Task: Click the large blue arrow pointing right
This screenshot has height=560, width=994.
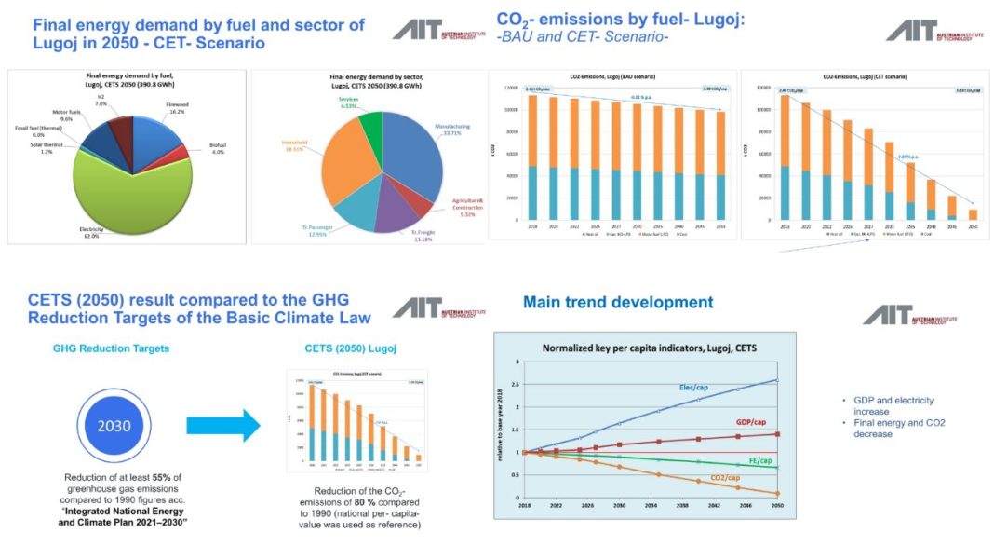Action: [222, 425]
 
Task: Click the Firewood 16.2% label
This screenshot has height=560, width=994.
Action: [178, 109]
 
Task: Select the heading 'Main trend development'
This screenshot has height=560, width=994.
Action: [618, 303]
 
